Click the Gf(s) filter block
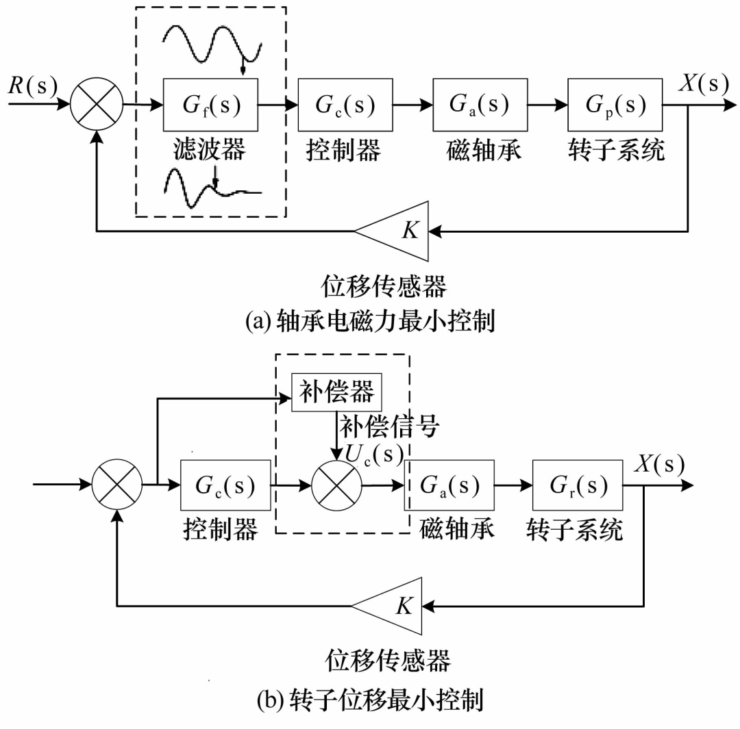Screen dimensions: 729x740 pos(210,105)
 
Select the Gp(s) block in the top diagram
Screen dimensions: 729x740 pos(615,105)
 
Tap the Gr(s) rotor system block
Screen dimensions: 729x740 pos(578,487)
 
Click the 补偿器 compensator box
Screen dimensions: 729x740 pos(336,393)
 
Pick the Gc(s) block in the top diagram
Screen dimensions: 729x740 pos(345,105)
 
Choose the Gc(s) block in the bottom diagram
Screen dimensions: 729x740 pos(225,487)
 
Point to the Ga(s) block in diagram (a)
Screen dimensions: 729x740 pos(480,105)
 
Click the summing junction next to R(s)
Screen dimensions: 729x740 pos(97,105)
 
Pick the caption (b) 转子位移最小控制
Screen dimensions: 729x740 pos(370,700)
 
